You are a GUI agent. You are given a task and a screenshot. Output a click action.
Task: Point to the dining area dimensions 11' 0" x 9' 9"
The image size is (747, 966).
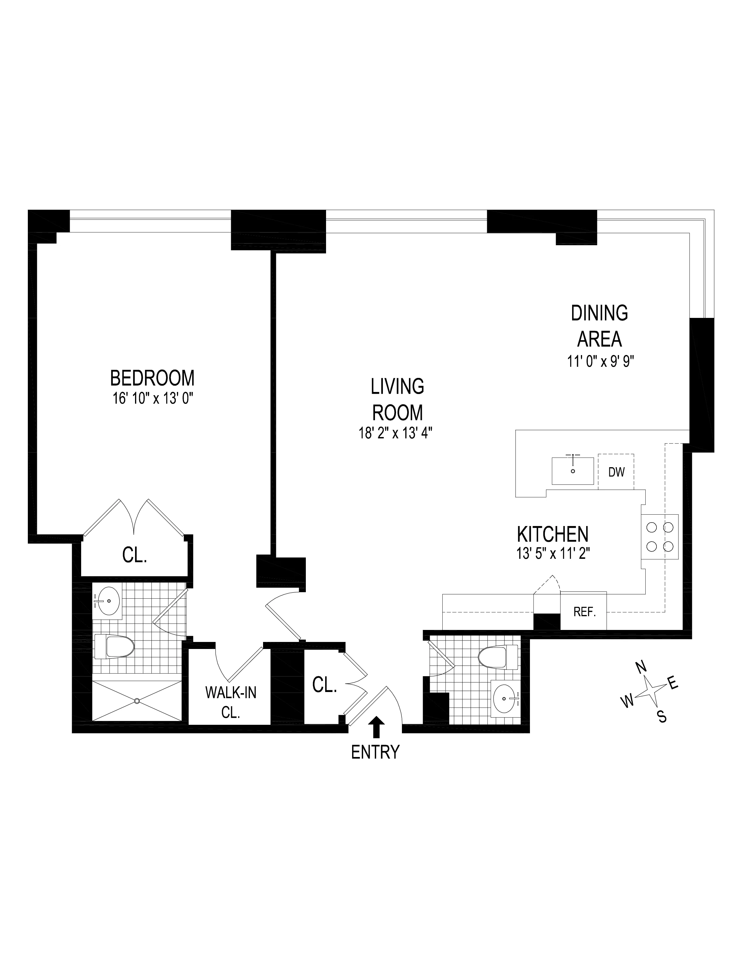[x=601, y=362]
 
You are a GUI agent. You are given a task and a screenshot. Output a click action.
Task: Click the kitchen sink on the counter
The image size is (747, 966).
[x=573, y=471]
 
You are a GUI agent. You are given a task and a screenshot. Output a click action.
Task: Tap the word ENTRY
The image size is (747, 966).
[x=375, y=752]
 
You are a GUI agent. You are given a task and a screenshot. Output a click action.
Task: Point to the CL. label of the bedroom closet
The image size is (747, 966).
[x=134, y=556]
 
